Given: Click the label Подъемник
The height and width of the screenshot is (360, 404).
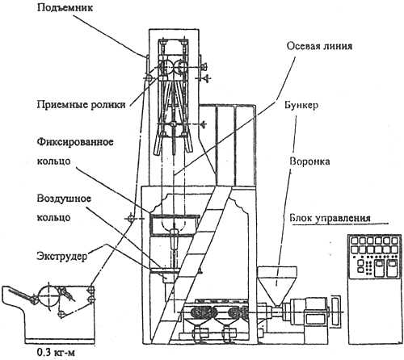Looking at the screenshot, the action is (x=65, y=7).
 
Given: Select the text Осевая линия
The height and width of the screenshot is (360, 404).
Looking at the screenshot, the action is (x=319, y=46).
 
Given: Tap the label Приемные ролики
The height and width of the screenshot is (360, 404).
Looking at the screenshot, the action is (x=81, y=104).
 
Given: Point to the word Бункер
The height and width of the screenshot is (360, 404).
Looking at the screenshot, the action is (x=301, y=105).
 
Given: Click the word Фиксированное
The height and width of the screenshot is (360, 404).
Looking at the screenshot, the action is (x=75, y=141).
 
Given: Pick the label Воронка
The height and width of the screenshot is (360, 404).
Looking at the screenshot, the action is (x=309, y=161).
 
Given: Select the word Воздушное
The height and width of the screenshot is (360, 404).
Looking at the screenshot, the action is (x=64, y=199).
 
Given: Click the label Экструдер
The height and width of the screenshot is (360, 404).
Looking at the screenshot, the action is (x=62, y=256).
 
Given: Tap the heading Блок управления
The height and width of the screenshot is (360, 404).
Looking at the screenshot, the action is (x=330, y=218).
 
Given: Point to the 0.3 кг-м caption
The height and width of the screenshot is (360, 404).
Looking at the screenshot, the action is (x=56, y=352).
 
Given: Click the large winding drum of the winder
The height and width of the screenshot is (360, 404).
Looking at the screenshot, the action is (x=48, y=295).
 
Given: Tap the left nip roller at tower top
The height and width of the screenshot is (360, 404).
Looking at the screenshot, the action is (x=166, y=67).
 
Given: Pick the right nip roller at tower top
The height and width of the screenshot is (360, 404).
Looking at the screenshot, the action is (x=181, y=67).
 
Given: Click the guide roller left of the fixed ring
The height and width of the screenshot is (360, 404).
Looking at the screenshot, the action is (x=131, y=218).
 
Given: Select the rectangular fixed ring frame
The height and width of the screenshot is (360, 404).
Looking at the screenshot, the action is (x=175, y=225).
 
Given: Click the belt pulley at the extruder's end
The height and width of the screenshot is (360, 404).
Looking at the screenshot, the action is (x=335, y=311).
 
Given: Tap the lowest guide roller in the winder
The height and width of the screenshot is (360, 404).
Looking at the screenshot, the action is (x=61, y=314).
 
